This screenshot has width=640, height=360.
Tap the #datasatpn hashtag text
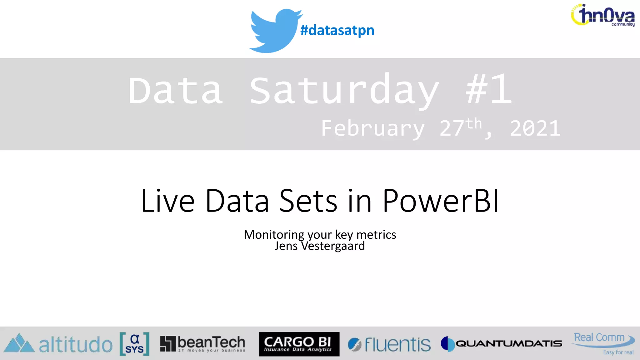[x=337, y=30]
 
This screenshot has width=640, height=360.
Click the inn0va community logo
[x=603, y=15]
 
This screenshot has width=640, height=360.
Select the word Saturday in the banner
[x=344, y=91]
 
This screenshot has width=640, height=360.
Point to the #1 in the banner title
[x=488, y=90]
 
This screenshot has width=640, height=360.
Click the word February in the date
[x=373, y=128]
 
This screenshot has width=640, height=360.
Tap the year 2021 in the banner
[x=535, y=128]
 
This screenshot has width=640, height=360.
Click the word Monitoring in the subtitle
[x=274, y=234]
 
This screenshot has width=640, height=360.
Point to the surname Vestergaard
[x=333, y=246]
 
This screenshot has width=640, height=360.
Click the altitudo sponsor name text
[x=76, y=345]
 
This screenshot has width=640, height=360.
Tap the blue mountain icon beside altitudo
[x=19, y=343]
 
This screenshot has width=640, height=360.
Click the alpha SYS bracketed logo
[x=134, y=344]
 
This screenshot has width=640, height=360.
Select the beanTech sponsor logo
[x=203, y=344]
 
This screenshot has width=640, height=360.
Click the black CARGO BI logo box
[x=299, y=344]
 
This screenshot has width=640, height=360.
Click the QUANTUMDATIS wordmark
[x=508, y=344]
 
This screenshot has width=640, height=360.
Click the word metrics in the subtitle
[x=376, y=234]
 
